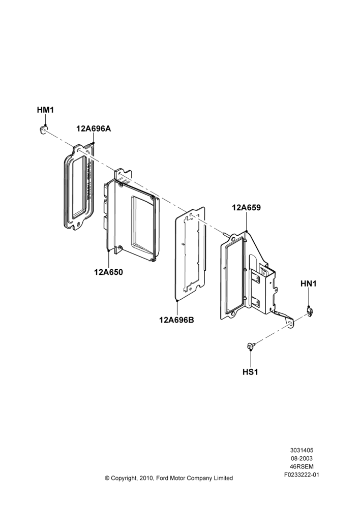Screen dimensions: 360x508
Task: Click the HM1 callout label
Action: pos(45,110)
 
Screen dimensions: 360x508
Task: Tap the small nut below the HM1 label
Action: pos(42,130)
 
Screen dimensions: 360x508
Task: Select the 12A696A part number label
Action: pos(94,129)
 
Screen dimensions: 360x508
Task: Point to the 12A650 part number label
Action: pos(109,272)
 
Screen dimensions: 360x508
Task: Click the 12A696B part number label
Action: pos(176,320)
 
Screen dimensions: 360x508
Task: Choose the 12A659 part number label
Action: pos(246,208)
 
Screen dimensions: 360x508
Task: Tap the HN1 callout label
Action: pos(309,284)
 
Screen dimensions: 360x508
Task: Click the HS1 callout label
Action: pos(250,372)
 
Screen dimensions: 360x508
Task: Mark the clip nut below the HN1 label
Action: pos(310,311)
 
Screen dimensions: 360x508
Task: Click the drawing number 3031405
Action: pos(302,450)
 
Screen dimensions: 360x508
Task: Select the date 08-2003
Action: pos(302,458)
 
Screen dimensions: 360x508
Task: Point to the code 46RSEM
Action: pos(302,467)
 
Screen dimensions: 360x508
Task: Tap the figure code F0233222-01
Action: pos(302,475)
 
